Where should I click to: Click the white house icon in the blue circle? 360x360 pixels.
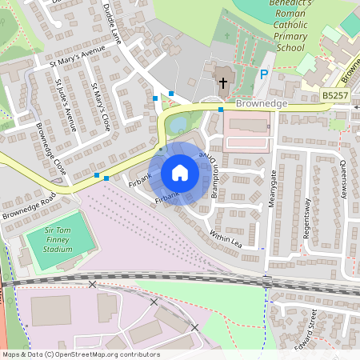[180, 173]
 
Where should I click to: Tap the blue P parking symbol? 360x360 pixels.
[264, 75]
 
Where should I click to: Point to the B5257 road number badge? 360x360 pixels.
[336, 95]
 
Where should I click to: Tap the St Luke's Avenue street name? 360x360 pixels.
[65, 105]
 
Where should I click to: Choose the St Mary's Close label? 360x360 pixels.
[101, 107]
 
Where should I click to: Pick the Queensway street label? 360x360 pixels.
[343, 176]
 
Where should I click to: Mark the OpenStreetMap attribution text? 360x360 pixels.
[80, 354]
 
